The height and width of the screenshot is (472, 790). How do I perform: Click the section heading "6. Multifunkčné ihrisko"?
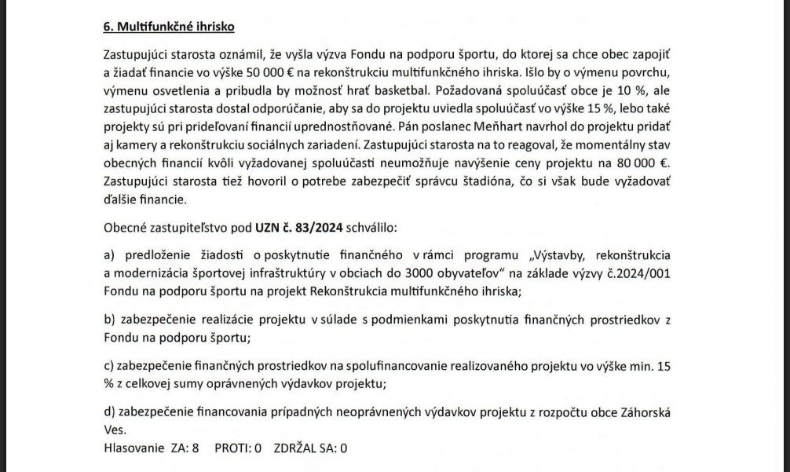point(169,27)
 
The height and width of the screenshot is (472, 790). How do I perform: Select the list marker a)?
point(109,255)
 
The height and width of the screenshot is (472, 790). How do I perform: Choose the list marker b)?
point(109,320)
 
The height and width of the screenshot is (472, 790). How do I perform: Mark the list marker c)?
point(109,366)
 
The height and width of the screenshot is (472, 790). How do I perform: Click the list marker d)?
point(109,412)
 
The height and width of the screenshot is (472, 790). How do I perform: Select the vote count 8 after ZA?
point(196,448)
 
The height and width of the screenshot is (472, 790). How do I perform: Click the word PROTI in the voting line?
point(232,448)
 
